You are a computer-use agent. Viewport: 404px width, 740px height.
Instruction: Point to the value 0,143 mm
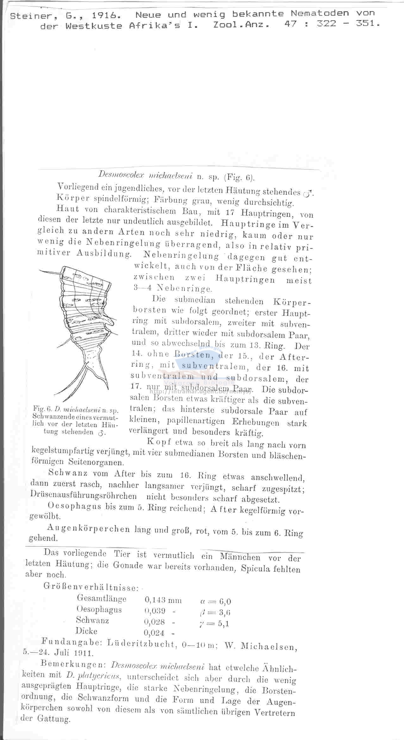tap(163, 600)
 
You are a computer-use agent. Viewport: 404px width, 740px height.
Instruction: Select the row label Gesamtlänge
tap(101, 598)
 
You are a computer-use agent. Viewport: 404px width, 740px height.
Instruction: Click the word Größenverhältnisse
tap(90, 587)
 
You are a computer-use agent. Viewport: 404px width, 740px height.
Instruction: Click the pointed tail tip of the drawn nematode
tap(54, 393)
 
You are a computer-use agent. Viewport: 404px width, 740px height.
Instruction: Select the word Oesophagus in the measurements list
tap(99, 609)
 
